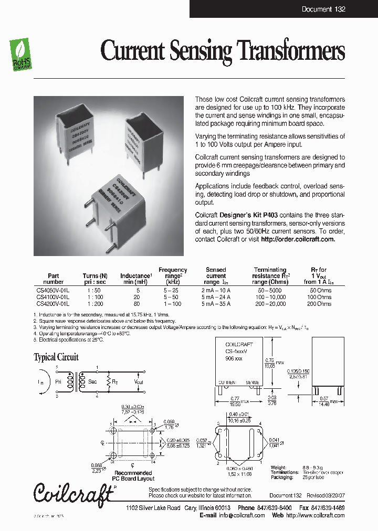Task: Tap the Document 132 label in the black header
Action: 323,9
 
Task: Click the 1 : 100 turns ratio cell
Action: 95,296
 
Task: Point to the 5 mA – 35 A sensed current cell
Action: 216,303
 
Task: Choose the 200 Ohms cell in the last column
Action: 319,303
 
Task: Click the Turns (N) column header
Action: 95,275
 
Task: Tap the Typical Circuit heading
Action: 56,357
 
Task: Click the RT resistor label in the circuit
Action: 114,383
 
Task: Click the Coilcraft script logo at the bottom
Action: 74,492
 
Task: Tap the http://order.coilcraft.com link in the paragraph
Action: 298,239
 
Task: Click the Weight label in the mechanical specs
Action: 279,466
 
